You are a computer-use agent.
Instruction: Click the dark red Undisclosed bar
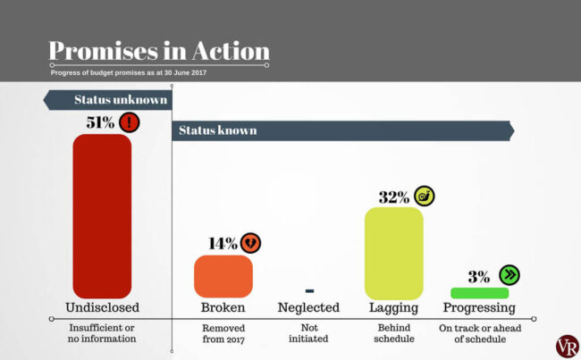(x=102, y=215)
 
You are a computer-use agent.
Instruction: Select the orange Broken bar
(x=223, y=276)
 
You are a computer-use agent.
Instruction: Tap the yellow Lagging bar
(x=393, y=253)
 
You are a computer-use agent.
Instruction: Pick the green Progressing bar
(x=479, y=293)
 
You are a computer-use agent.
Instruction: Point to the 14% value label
(x=223, y=243)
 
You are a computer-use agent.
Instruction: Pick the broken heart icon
(x=252, y=243)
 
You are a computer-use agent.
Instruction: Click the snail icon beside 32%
(x=425, y=197)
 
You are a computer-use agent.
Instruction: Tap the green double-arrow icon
(x=508, y=275)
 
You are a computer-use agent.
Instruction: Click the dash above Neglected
(x=309, y=291)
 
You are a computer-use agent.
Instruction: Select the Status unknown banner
(x=107, y=99)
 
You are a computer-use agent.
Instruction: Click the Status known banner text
(x=217, y=130)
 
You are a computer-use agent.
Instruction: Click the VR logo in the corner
(x=567, y=346)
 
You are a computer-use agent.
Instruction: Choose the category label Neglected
(x=309, y=308)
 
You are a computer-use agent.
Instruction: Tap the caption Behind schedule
(x=393, y=334)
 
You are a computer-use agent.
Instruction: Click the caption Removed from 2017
(x=223, y=334)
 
